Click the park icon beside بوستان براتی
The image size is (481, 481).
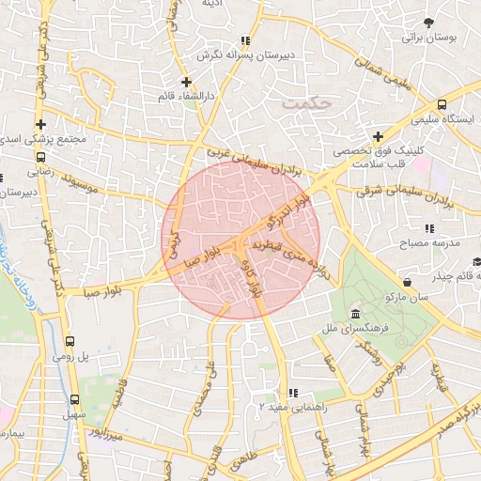pyautogui.click(x=430, y=22)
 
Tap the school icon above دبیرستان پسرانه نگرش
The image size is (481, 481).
pyautogui.click(x=245, y=40)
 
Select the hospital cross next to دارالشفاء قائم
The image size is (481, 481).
pyautogui.click(x=187, y=82)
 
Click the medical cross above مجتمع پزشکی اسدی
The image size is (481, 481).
pyautogui.click(x=40, y=124)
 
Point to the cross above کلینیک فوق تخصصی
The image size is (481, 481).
pyautogui.click(x=378, y=136)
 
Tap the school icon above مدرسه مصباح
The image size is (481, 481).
pyautogui.click(x=429, y=228)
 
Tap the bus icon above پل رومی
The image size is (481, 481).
pyautogui.click(x=70, y=342)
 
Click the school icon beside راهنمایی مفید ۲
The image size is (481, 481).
pyautogui.click(x=293, y=393)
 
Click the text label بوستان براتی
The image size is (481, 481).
pyautogui.click(x=428, y=39)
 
